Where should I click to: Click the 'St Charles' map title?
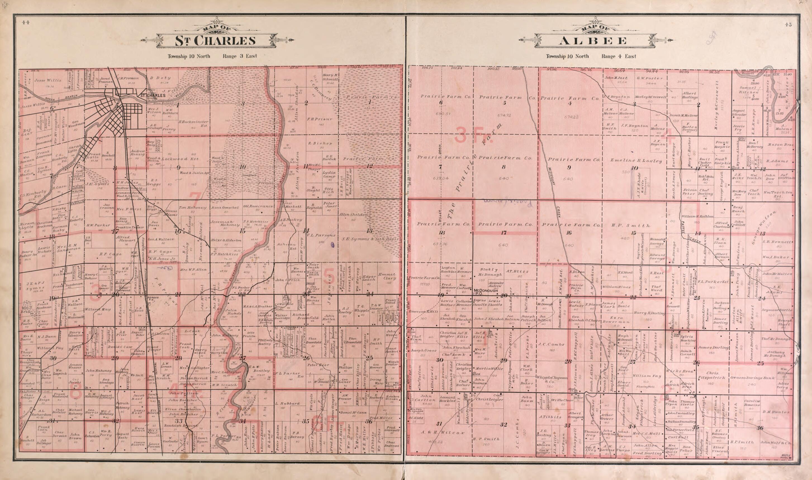[215, 41]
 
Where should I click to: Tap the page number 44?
[26, 22]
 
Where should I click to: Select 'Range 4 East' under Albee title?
[618, 56]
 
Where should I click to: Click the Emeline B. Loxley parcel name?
[636, 161]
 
